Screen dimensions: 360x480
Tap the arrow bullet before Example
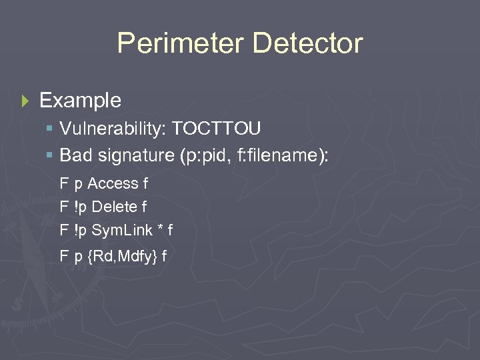point(26,101)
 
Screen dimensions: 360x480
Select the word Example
point(81,101)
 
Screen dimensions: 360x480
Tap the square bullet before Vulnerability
point(50,129)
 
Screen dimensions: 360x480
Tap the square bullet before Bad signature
point(50,156)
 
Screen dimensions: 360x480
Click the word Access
point(113,183)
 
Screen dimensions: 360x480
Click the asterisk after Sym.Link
point(161,229)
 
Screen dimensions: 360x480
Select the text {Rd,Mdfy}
point(122,255)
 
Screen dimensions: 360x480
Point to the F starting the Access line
point(64,183)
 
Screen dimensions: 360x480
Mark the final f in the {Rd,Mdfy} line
point(165,255)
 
